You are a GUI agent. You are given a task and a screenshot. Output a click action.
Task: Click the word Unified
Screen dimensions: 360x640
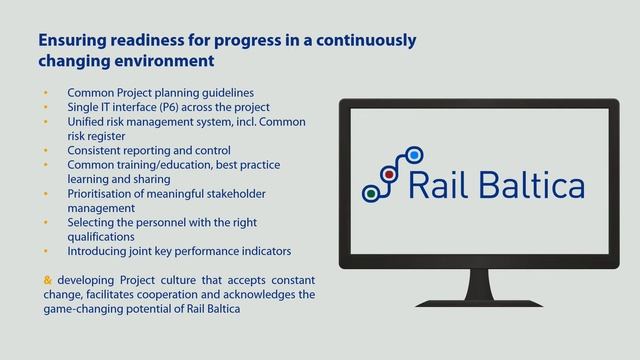coord(89,121)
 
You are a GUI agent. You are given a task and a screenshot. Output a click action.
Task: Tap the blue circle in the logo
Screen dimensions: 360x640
coord(415,154)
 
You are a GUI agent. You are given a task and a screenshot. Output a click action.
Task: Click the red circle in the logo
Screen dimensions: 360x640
coord(389,174)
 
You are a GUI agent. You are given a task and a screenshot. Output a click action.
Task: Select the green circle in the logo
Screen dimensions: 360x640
coord(370,193)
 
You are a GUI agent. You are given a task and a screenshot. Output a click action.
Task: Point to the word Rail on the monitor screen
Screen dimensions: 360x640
coord(435,185)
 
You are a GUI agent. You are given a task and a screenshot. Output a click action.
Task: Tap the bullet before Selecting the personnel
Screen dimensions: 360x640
coord(45,222)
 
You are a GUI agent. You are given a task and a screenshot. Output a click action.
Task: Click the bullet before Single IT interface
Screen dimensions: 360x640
coord(45,107)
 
